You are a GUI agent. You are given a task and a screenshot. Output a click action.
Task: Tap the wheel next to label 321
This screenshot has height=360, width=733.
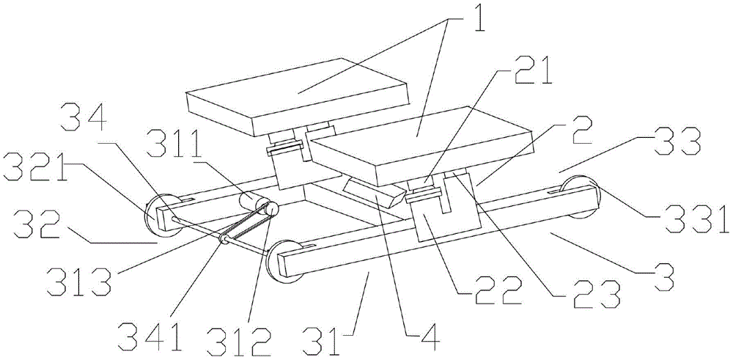[x=161, y=213]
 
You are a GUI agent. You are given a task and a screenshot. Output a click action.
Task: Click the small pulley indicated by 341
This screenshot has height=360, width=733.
[x=224, y=240]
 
